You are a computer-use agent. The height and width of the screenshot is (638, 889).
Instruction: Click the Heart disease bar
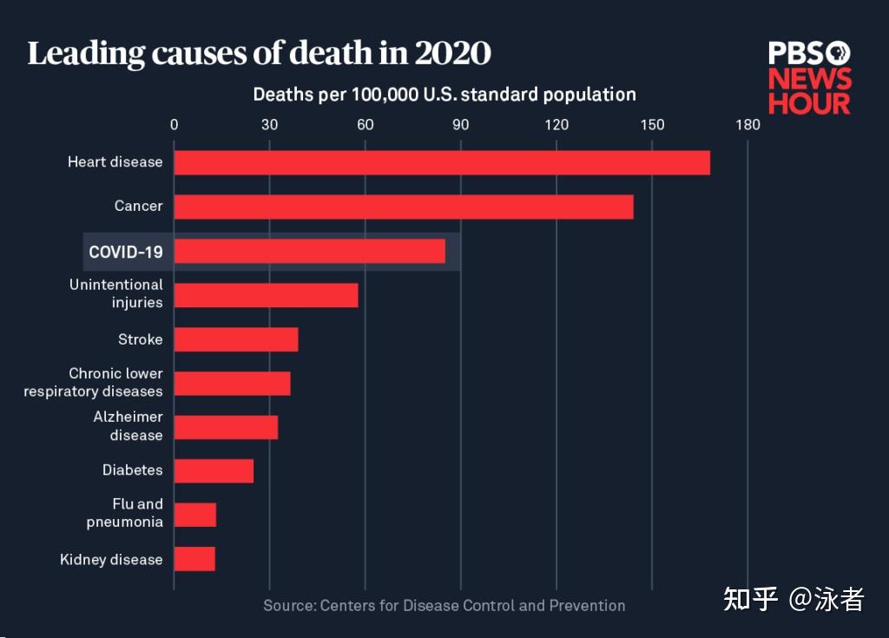pyautogui.click(x=442, y=162)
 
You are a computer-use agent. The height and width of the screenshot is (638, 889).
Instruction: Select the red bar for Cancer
pyautogui.click(x=404, y=207)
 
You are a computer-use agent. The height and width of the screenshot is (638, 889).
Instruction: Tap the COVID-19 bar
pyautogui.click(x=310, y=252)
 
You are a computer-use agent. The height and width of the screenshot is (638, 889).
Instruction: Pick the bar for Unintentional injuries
pyautogui.click(x=266, y=295)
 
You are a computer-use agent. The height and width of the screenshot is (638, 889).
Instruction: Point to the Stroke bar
pyautogui.click(x=236, y=339)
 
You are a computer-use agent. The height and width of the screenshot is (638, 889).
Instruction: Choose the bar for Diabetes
pyautogui.click(x=214, y=470)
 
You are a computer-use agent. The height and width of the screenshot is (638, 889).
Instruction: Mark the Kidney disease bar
pyautogui.click(x=194, y=559)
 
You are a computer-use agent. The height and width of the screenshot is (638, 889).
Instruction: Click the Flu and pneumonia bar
pyautogui.click(x=195, y=515)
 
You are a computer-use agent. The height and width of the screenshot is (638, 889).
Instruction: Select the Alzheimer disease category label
pyautogui.click(x=128, y=426)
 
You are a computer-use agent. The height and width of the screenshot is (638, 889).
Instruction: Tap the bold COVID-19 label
pyautogui.click(x=126, y=252)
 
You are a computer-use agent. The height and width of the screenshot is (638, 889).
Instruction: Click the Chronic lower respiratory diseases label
pyautogui.click(x=93, y=383)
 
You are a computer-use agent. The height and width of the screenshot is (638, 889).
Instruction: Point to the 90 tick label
pyautogui.click(x=461, y=124)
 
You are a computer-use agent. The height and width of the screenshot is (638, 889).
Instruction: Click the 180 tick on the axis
pyautogui.click(x=747, y=124)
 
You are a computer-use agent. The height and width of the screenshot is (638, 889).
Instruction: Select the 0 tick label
pyautogui.click(x=175, y=124)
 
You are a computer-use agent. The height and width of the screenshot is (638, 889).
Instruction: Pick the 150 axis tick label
pyautogui.click(x=652, y=124)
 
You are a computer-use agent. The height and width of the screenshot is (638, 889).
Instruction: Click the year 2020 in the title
pyautogui.click(x=452, y=54)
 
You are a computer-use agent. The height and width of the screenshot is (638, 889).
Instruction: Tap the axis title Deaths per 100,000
pyautogui.click(x=444, y=94)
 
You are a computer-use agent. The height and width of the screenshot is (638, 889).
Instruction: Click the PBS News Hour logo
pyautogui.click(x=809, y=77)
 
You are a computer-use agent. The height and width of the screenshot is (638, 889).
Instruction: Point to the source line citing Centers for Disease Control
pyautogui.click(x=444, y=605)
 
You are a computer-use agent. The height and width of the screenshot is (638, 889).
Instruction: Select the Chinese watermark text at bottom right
pyautogui.click(x=794, y=599)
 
